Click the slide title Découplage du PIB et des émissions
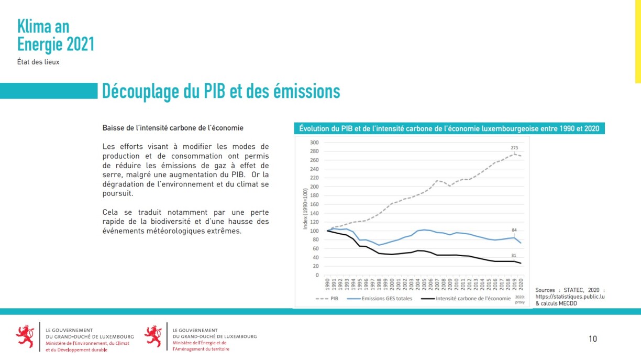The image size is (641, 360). [220, 91]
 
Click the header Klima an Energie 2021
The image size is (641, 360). [56, 36]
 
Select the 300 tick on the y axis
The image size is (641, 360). [314, 143]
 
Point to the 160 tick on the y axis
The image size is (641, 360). [314, 204]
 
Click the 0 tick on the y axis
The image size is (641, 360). [317, 275]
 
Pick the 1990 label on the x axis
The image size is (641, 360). [328, 285]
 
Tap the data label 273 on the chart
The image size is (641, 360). [514, 148]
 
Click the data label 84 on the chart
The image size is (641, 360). [514, 231]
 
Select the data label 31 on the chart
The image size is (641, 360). [514, 255]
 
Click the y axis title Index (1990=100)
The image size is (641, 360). [305, 209]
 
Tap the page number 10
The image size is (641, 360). [592, 339]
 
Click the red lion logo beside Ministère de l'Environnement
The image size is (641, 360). [25, 336]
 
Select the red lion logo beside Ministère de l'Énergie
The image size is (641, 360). [153, 336]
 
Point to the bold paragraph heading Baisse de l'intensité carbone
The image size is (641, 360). [173, 128]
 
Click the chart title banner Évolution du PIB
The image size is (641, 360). [449, 128]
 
